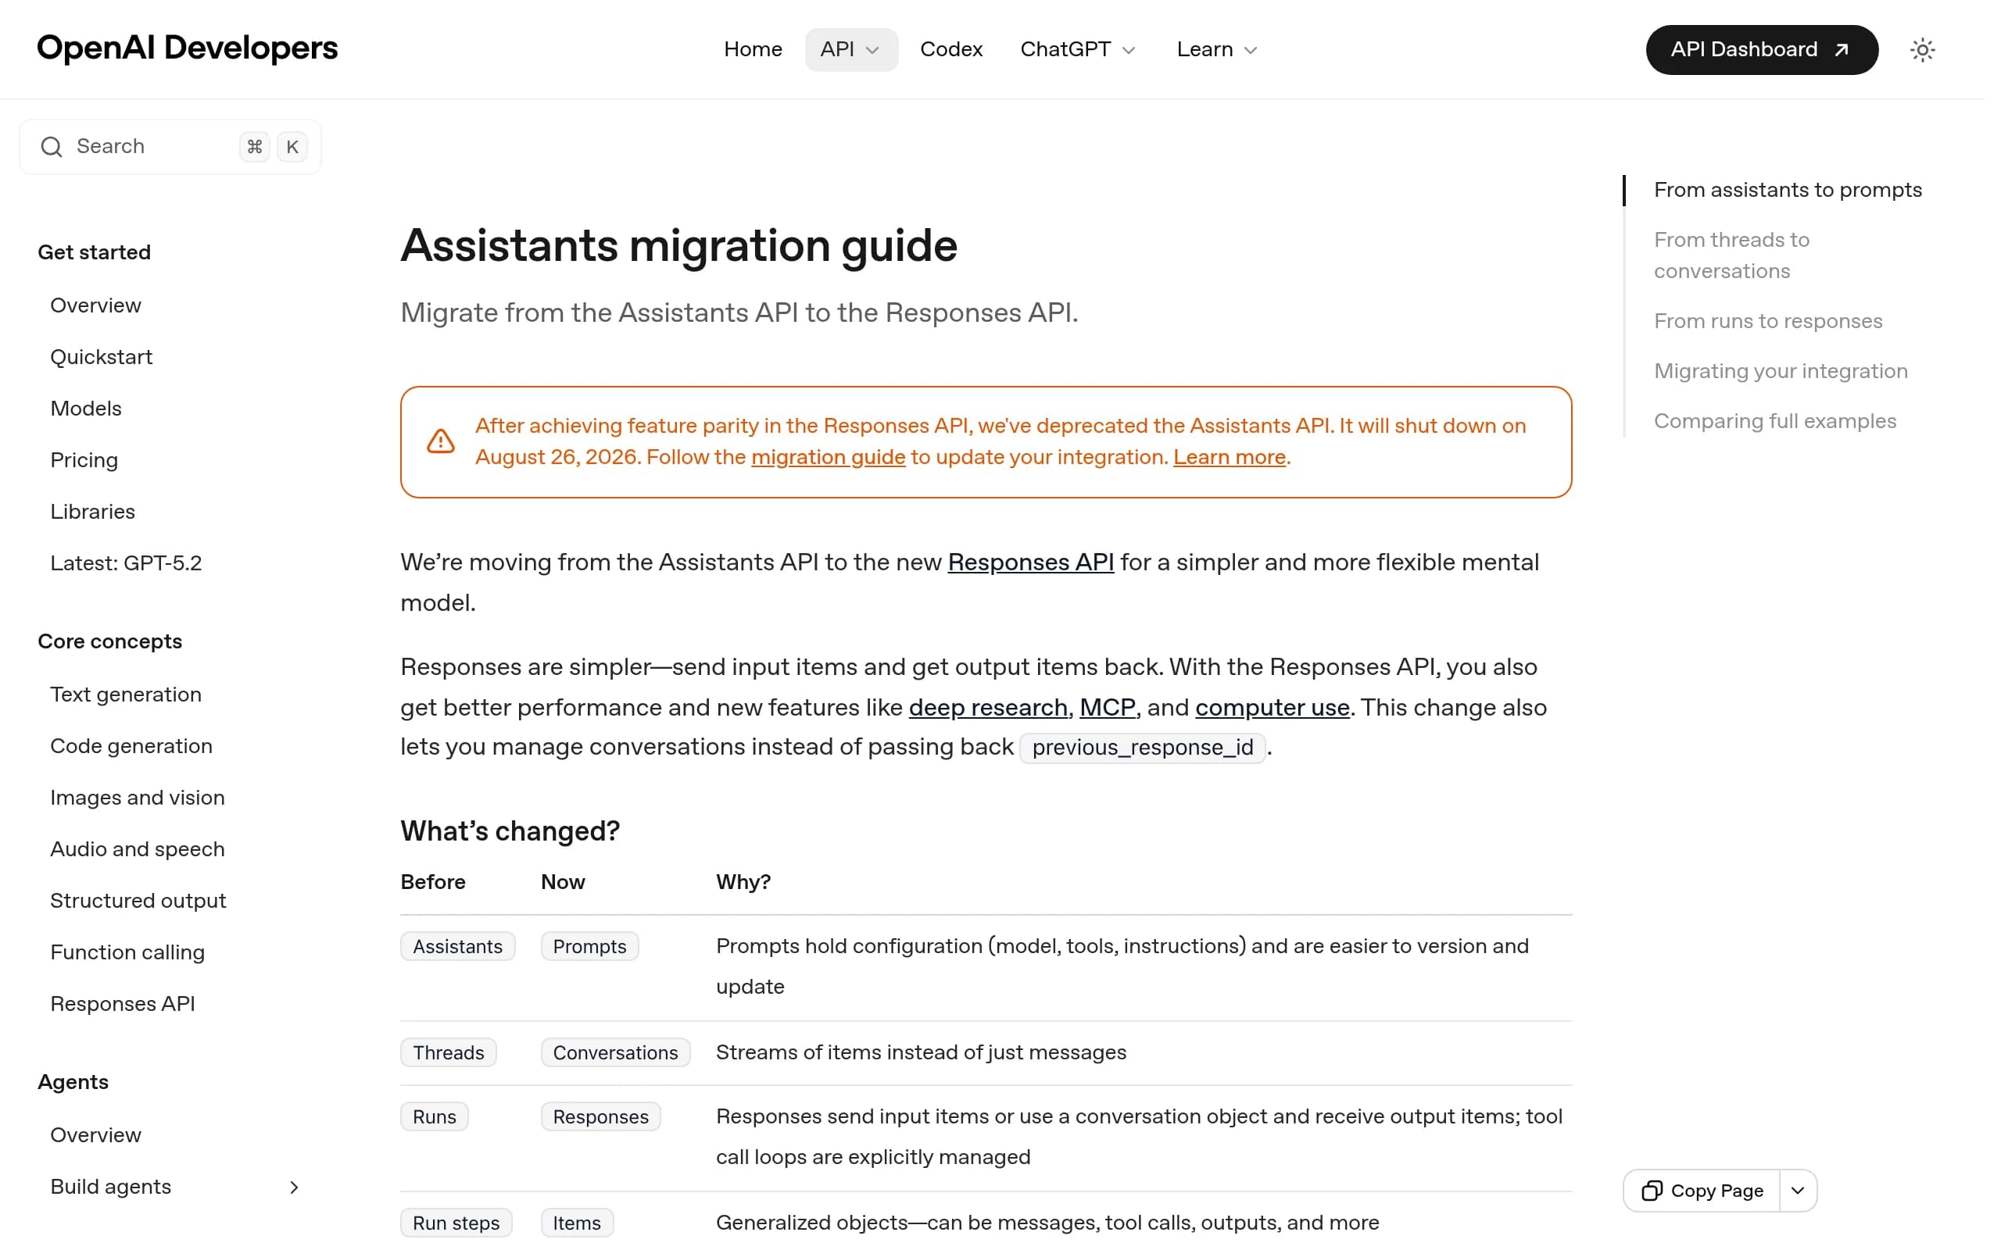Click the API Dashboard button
(x=1761, y=49)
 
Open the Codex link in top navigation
(x=951, y=49)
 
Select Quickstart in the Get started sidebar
(x=101, y=357)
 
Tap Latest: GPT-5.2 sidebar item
(x=126, y=563)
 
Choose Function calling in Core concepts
(x=127, y=952)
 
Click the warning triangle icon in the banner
(x=441, y=441)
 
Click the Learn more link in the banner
(x=1229, y=457)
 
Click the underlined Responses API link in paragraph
(x=1030, y=562)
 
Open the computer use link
(x=1272, y=708)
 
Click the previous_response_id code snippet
(x=1142, y=748)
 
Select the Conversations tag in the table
(x=615, y=1052)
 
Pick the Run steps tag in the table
(x=456, y=1223)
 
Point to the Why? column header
(x=743, y=882)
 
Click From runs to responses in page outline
(x=1768, y=321)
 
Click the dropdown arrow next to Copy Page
(x=1798, y=1191)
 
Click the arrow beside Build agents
(x=295, y=1187)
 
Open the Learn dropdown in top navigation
(x=1216, y=49)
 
